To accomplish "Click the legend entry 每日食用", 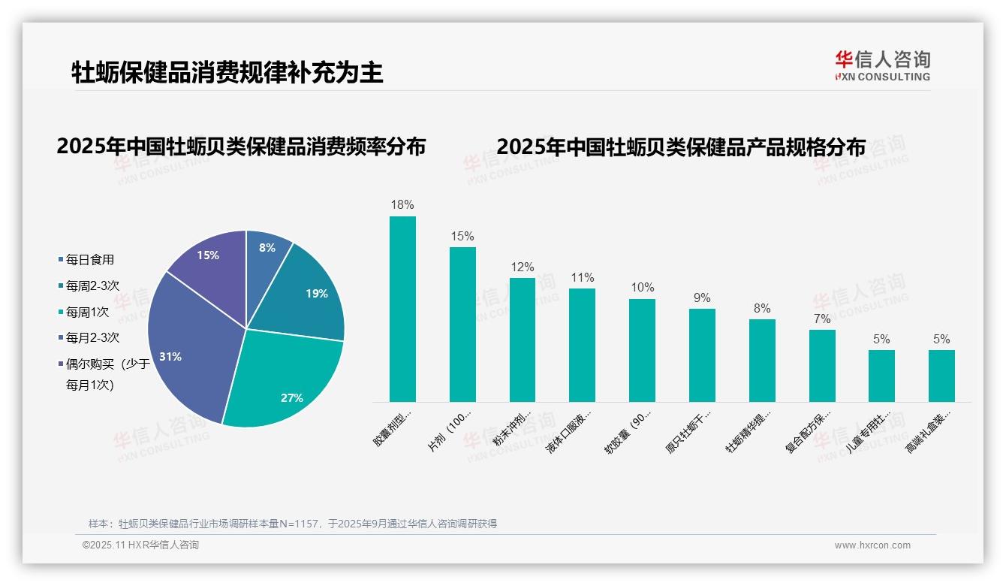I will point(89,260).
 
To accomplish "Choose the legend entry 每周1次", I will point(87,312).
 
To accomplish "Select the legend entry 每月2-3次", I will point(92,338).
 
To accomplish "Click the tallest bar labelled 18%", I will point(402,309).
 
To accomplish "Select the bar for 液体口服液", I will point(582,345).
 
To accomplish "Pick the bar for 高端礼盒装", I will point(941,376).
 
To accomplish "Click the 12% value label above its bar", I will point(522,267).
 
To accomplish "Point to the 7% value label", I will point(822,319).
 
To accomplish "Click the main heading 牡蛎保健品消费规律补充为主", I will point(227,72).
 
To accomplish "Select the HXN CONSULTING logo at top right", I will point(882,66).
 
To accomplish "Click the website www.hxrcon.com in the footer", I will point(872,545).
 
